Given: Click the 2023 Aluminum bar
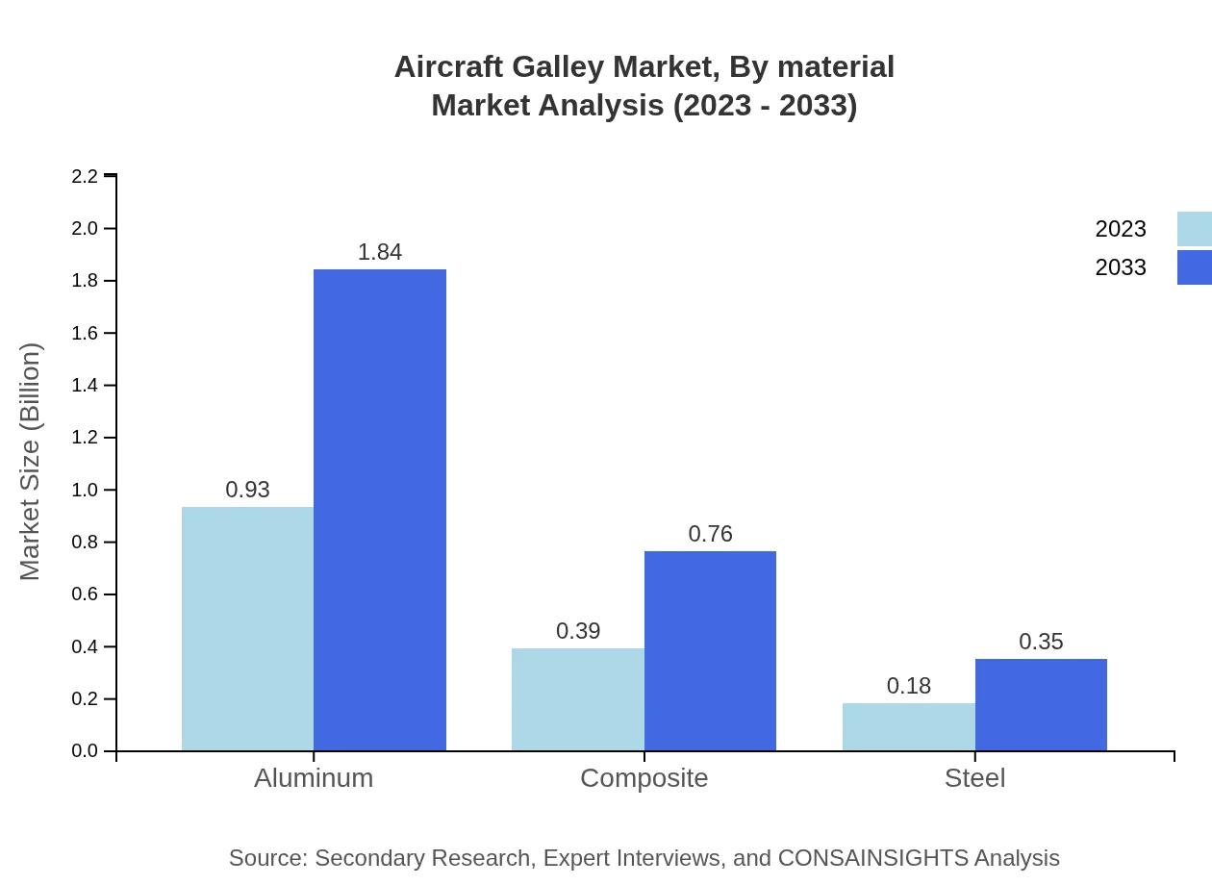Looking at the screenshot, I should point(247,628).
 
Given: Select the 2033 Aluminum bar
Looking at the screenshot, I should point(380,510).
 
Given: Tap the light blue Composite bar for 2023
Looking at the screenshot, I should point(578,699).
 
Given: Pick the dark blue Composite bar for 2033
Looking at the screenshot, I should point(710,650).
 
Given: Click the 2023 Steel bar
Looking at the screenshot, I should point(909,726).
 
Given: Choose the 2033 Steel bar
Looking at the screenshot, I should point(1041,704).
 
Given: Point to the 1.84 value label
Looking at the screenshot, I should point(380,252).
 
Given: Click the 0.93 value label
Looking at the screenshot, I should point(247,490).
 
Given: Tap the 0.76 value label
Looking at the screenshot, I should point(710,534).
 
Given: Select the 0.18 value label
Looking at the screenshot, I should point(909,686).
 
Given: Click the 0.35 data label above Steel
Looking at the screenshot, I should point(1041,642).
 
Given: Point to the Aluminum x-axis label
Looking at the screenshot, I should point(314,778).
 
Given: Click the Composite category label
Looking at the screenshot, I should point(644,778).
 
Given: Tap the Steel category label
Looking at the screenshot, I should point(974,778).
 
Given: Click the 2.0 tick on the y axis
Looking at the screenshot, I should point(85,229).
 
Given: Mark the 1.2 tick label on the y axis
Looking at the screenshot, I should point(85,438).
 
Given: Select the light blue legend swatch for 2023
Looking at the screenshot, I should point(1194,229).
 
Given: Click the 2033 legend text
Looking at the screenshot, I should point(1121,267).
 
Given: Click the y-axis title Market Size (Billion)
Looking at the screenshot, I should point(31,462).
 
